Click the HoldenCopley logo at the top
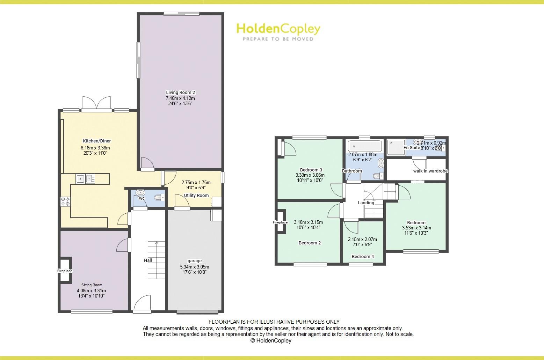(x=278, y=31)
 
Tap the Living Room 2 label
(x=180, y=93)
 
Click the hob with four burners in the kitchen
(x=65, y=201)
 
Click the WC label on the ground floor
(x=142, y=198)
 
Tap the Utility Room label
(x=196, y=196)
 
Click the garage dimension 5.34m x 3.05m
(x=195, y=267)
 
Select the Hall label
(x=148, y=260)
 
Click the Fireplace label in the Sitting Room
(x=65, y=271)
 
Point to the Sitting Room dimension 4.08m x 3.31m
(x=91, y=291)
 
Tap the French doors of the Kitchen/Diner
(x=96, y=104)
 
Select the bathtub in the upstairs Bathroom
(x=365, y=146)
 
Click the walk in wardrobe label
(x=430, y=171)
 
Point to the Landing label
(x=366, y=203)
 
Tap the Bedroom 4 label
(x=363, y=256)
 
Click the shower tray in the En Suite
(x=396, y=147)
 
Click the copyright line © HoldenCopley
(x=271, y=341)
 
